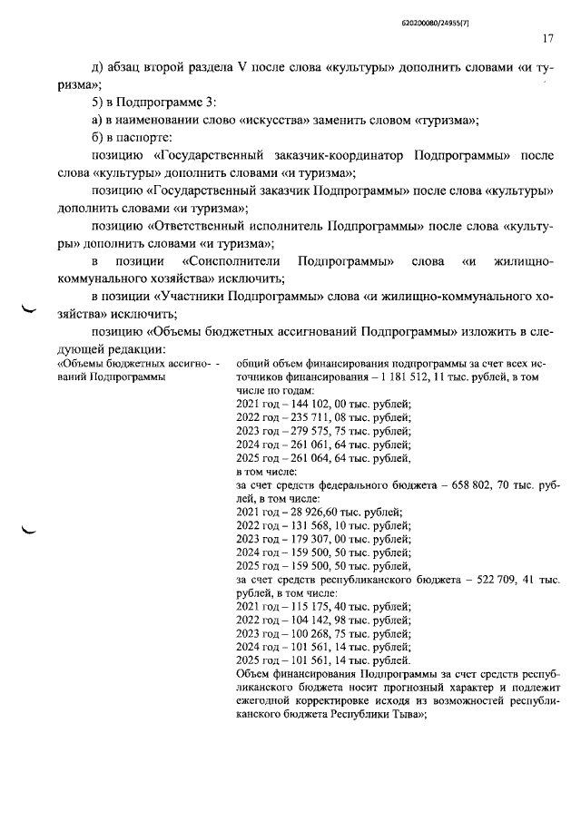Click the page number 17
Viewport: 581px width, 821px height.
tap(547, 38)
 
